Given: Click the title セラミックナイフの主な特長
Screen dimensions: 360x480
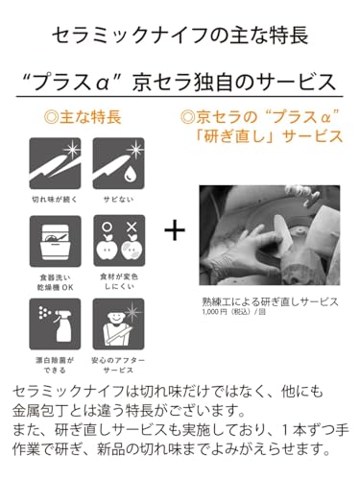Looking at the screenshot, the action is [x=180, y=36].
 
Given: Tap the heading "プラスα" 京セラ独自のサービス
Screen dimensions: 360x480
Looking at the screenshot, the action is [x=180, y=82].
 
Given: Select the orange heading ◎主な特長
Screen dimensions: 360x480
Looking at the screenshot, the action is [x=83, y=117].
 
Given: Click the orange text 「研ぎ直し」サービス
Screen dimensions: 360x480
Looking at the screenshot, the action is [x=269, y=136].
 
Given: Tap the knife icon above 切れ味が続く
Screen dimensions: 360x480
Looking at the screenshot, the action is [x=55, y=163].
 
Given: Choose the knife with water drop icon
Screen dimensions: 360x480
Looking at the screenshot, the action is [x=118, y=163].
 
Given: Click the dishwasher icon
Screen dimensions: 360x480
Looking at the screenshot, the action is [x=55, y=241].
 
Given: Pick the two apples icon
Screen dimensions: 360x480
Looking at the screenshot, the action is [x=119, y=241].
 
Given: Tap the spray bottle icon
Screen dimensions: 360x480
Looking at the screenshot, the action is [x=55, y=324].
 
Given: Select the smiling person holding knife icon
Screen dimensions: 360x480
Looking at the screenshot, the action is [x=118, y=324].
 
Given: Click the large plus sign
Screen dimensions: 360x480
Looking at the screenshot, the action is [x=175, y=230].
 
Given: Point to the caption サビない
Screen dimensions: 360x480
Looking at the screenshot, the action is [x=118, y=200].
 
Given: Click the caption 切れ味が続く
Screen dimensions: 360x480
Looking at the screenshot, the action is [x=55, y=200].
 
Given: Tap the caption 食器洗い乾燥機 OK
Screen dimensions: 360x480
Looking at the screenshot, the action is [x=55, y=282].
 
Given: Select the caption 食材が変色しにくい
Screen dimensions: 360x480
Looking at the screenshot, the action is [x=119, y=281].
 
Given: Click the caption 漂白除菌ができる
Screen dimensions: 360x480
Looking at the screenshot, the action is [x=55, y=365].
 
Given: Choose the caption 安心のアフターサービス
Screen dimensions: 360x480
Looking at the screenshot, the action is [x=118, y=365].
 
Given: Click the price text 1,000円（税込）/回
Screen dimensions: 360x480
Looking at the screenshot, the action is [x=233, y=312].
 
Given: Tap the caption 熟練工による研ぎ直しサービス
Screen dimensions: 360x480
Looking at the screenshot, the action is [x=270, y=301].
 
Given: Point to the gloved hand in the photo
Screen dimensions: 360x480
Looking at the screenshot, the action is [x=250, y=252].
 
